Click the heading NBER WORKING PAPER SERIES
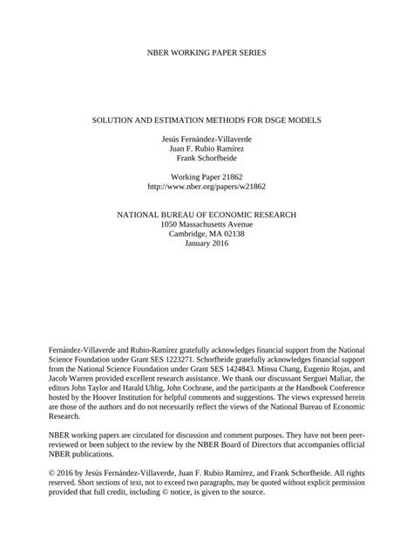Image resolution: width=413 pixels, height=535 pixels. click(x=206, y=53)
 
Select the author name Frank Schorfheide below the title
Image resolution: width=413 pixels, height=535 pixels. click(x=206, y=160)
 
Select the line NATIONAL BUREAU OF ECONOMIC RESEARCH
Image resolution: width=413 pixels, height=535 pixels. click(x=206, y=214)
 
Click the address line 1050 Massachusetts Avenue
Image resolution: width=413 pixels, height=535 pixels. click(x=206, y=225)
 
